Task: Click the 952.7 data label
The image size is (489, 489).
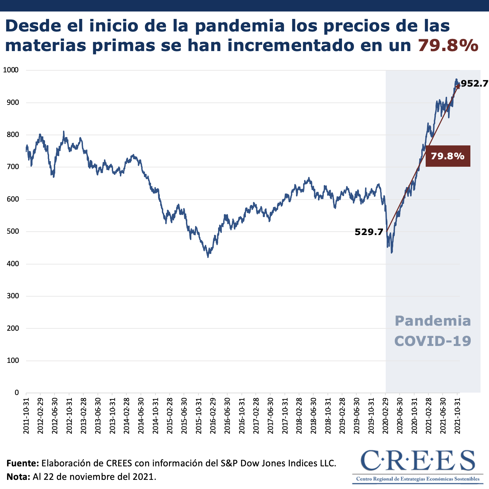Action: (474, 84)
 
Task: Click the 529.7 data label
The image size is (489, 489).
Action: (369, 232)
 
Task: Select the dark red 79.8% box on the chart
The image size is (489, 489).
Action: (448, 156)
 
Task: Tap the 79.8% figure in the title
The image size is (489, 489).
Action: (448, 45)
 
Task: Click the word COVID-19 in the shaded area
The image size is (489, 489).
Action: (433, 341)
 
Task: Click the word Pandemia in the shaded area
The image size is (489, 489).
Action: (433, 321)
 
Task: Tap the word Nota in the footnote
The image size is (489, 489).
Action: (19, 477)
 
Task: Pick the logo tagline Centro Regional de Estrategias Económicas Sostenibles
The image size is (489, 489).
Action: (418, 479)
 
